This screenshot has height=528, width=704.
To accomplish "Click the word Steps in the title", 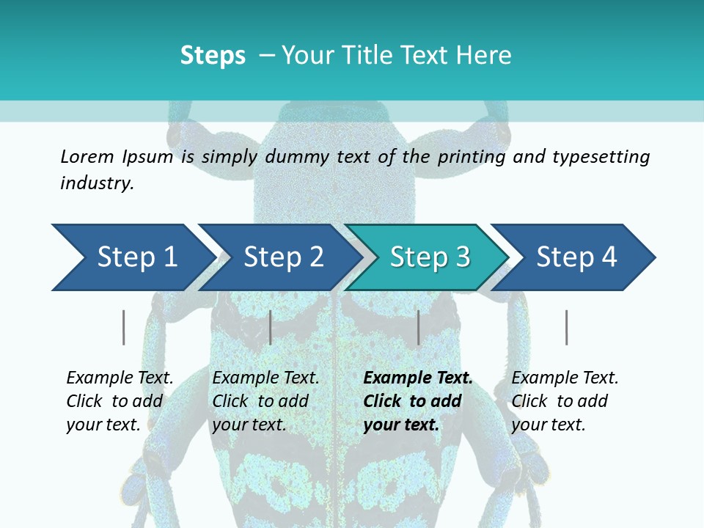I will (213, 56).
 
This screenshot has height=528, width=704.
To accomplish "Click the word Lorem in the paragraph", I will (87, 156).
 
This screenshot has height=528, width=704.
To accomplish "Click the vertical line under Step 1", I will (123, 327).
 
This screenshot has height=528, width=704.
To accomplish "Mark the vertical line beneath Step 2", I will (271, 327).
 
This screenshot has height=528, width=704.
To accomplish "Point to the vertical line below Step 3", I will (418, 327).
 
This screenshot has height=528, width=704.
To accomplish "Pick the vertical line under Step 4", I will (566, 327).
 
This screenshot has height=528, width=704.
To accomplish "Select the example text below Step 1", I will (120, 401).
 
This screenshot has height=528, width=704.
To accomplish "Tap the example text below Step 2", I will (265, 401).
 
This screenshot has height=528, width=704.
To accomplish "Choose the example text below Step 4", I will (565, 401).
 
